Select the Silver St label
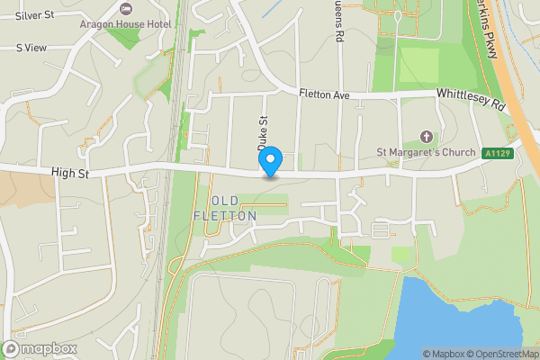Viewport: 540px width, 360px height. click(x=35, y=15)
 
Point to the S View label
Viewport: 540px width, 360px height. click(x=31, y=48)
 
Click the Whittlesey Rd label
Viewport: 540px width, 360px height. click(x=472, y=99)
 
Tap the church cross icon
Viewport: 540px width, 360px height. click(x=426, y=137)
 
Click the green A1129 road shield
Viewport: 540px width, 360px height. click(x=498, y=153)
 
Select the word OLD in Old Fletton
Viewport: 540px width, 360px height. click(x=225, y=200)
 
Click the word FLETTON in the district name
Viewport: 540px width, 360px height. click(x=225, y=216)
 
